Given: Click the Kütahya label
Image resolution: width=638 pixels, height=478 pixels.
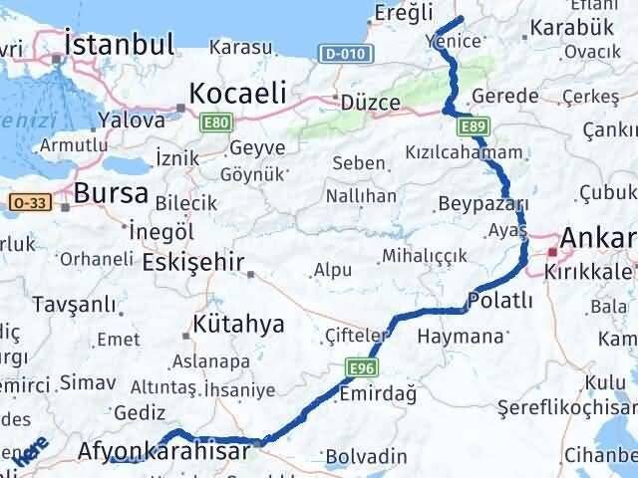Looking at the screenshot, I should point(238,324).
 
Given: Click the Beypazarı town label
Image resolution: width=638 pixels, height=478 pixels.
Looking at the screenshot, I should point(482,204).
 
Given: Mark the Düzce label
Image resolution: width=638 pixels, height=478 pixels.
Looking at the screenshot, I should point(370,103).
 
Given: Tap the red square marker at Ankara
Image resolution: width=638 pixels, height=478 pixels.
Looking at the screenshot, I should point(551,252).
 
